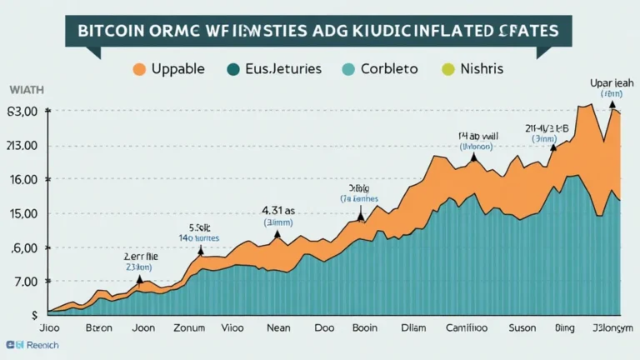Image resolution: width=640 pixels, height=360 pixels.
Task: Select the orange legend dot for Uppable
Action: click(x=140, y=70)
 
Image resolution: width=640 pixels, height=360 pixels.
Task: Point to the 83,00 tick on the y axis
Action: click(x=22, y=112)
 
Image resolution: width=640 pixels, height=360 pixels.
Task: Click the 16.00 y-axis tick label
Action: click(x=22, y=179)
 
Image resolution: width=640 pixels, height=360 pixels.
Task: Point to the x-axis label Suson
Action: click(x=522, y=328)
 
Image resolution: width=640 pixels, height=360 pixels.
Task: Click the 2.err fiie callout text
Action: click(x=139, y=257)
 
